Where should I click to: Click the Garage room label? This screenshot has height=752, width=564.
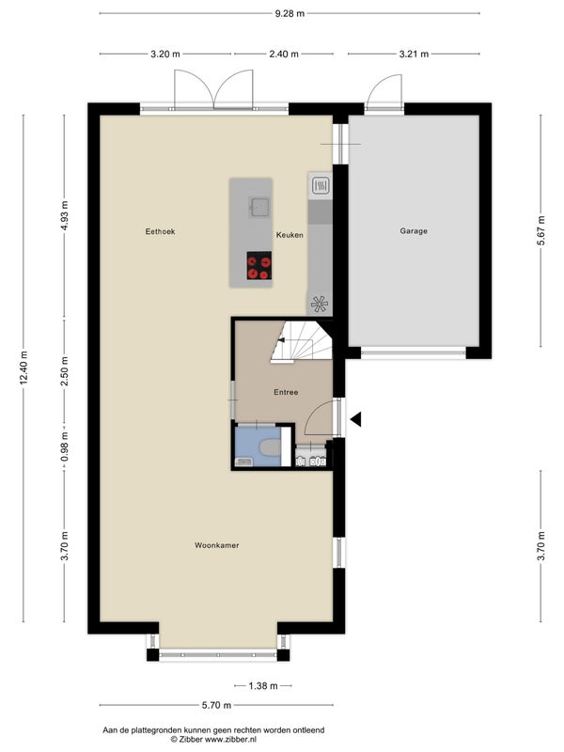414,231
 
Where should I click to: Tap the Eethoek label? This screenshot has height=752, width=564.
160,231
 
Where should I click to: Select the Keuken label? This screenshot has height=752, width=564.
290,235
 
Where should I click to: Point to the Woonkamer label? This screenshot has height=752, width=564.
217,545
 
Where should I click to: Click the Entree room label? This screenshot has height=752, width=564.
286,392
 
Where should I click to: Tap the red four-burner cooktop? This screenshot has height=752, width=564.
259,265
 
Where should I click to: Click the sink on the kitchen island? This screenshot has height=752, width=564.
258,207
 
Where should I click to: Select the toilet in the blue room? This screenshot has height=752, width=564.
270,448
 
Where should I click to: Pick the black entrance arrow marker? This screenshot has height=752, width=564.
355,419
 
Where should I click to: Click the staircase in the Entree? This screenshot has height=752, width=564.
301,342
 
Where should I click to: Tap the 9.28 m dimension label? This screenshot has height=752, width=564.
290,13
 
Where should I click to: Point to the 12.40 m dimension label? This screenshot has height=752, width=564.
23,368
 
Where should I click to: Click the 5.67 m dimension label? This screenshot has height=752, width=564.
540,230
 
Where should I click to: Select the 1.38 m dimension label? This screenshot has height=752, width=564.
263,686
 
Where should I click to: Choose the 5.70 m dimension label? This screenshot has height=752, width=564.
216,705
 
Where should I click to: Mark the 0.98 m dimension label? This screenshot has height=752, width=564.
65,446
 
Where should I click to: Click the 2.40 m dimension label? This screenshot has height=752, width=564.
284,55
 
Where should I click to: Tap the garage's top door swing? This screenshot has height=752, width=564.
384,91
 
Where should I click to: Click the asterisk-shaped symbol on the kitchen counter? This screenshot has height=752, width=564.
319,304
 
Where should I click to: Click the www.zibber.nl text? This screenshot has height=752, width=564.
230,740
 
